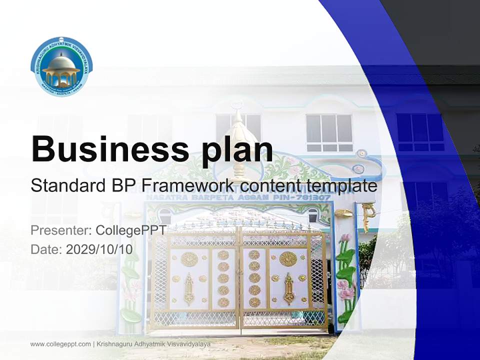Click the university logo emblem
tap(61, 66)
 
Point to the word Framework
tap(188, 186)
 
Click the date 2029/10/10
tap(99, 249)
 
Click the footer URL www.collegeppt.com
tap(59, 344)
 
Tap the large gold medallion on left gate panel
tap(189, 259)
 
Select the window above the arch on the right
tap(329, 132)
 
